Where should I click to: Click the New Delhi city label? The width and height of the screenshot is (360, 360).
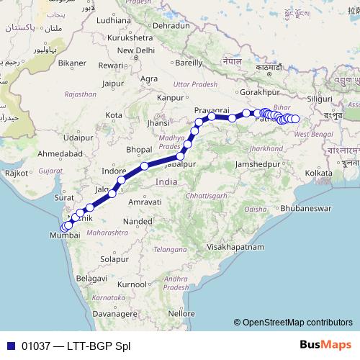[136, 50]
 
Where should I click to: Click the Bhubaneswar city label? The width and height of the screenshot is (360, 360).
[305, 207]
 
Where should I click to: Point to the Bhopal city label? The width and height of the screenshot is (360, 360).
[138, 150]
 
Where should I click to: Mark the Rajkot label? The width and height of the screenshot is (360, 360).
[16, 173]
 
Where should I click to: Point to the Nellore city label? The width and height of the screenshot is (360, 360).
[176, 314]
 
